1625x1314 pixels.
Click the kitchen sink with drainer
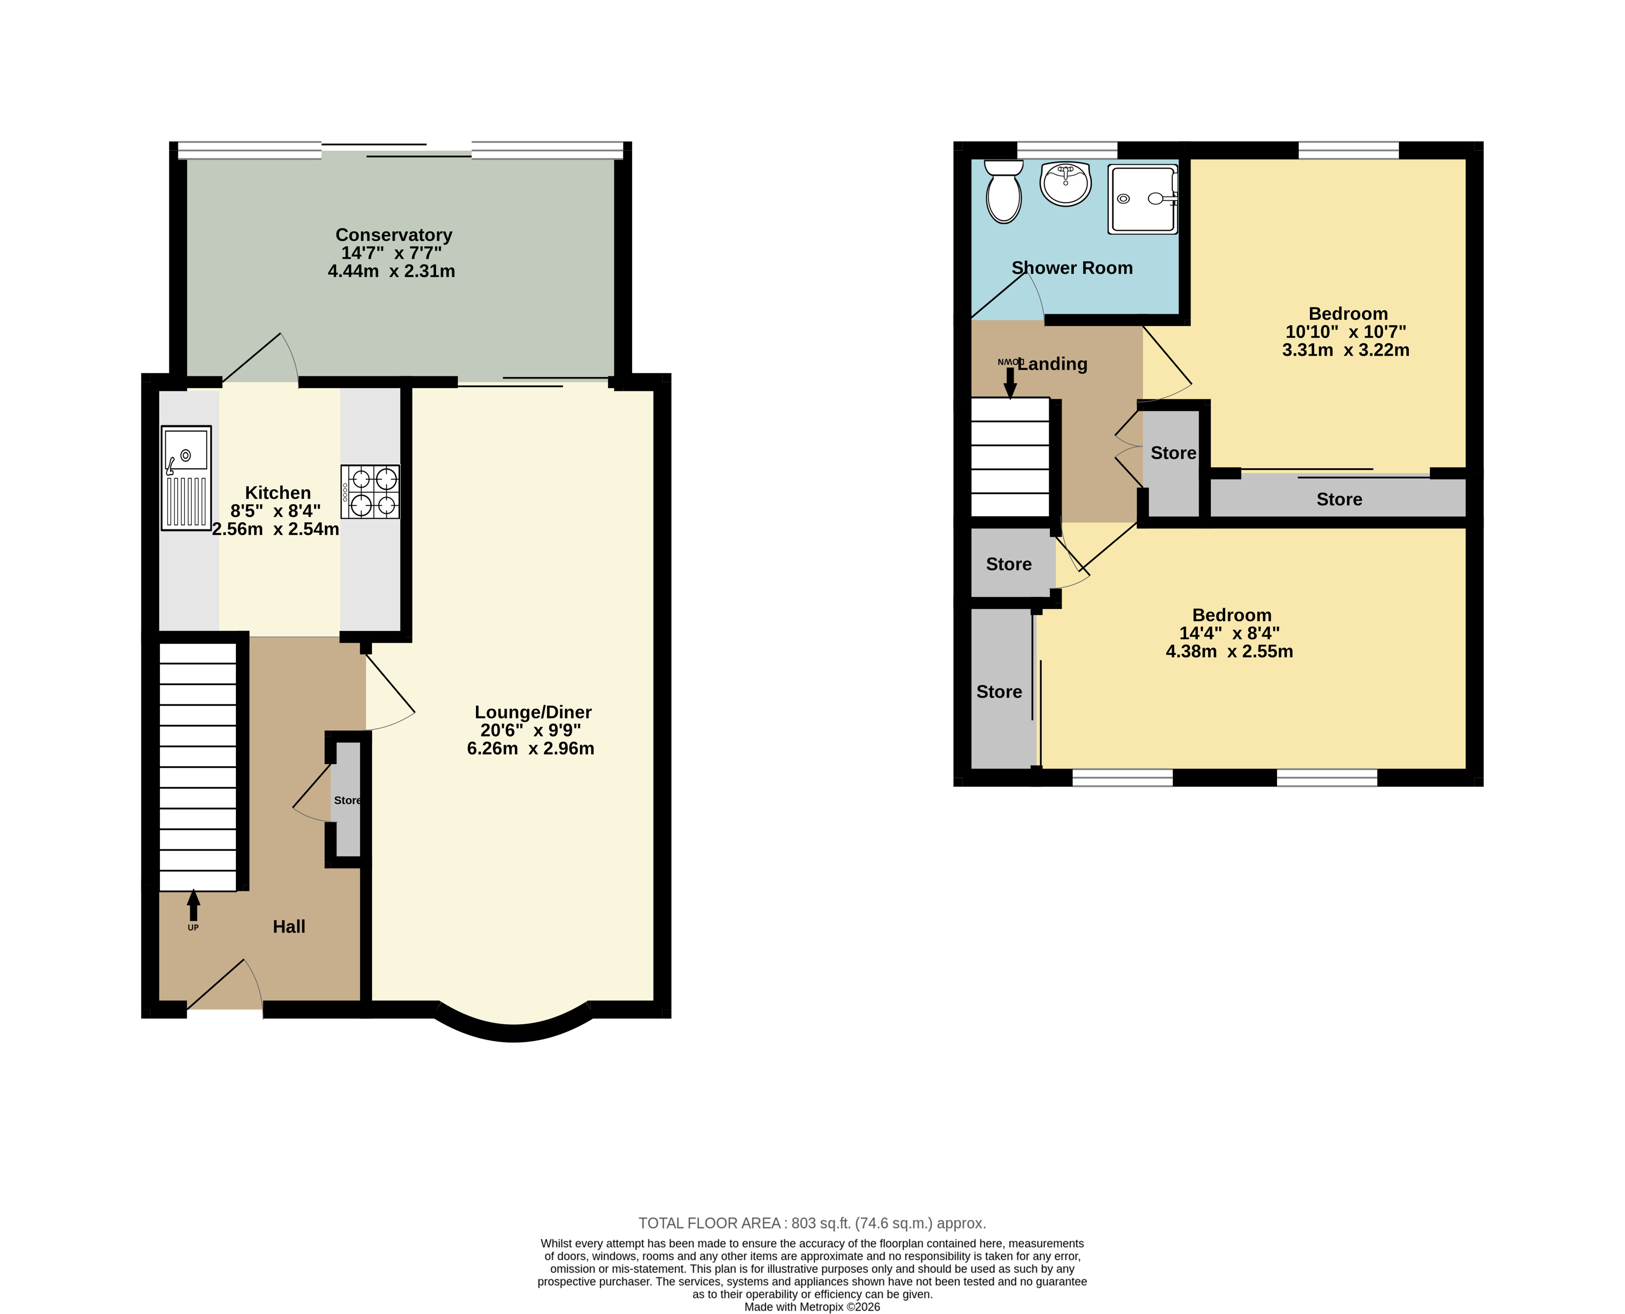pyautogui.click(x=186, y=478)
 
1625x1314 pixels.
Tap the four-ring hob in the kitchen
pyautogui.click(x=370, y=491)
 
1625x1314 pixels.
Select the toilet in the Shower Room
pyautogui.click(x=1004, y=191)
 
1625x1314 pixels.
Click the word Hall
pyautogui.click(x=289, y=926)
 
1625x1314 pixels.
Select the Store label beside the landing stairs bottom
pyautogui.click(x=1008, y=564)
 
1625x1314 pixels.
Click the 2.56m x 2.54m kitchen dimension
pyautogui.click(x=275, y=529)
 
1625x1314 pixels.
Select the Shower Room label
pyautogui.click(x=1072, y=268)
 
